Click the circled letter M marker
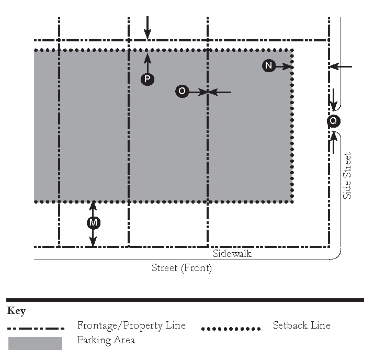point(94,222)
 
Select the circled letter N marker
point(269,65)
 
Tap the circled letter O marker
point(182,91)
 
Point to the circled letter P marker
point(148,79)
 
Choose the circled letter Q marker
point(334,121)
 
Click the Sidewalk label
point(232,254)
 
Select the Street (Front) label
point(182,268)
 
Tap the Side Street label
point(347,176)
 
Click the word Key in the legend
point(16,311)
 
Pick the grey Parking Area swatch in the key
point(35,343)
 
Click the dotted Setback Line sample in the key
point(231,329)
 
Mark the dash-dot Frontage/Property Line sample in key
point(36,329)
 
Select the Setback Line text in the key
point(302,325)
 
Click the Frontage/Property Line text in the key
point(131,325)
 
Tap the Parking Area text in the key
point(106,341)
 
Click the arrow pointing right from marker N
point(284,66)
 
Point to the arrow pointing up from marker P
point(148,63)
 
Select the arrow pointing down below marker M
point(93,238)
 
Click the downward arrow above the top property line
point(148,28)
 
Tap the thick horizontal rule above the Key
point(185,300)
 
